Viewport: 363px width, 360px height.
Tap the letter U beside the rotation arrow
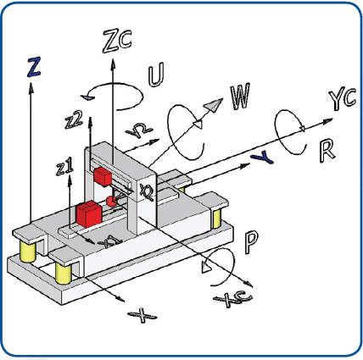(x=157, y=76)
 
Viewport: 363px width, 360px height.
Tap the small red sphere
(x=111, y=202)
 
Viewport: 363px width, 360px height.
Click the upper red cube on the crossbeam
(x=103, y=177)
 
